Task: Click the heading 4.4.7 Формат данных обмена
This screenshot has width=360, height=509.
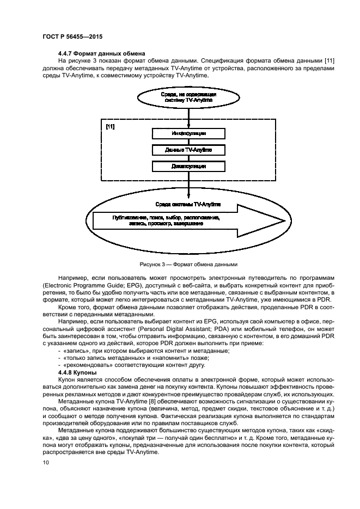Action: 101,53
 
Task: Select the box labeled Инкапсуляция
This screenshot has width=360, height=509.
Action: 188,133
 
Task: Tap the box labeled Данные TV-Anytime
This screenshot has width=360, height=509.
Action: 188,150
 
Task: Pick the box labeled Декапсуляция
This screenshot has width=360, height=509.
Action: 188,166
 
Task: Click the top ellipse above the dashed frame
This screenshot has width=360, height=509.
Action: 188,97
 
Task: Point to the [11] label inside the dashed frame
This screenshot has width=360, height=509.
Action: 110,126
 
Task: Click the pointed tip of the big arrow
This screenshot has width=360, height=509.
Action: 284,220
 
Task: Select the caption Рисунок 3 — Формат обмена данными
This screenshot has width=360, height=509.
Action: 188,265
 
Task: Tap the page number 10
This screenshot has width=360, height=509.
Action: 46,463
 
